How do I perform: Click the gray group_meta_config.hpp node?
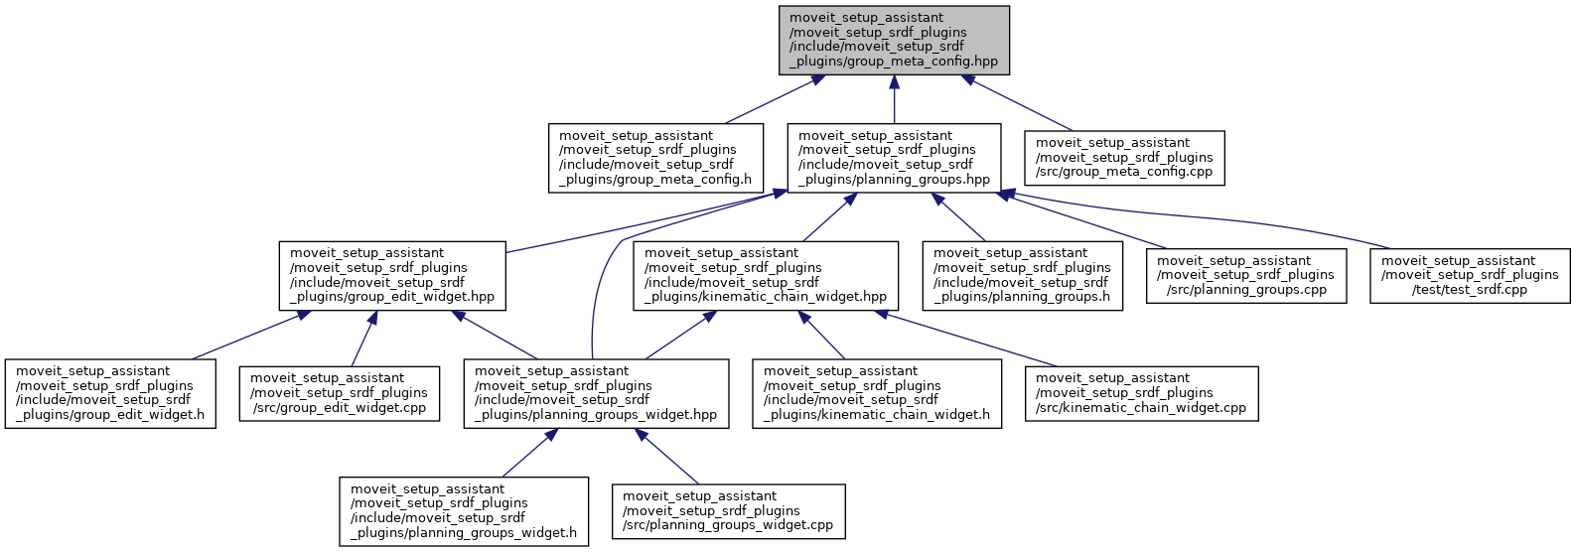(894, 40)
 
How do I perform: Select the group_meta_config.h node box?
(655, 158)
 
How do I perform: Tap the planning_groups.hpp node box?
(894, 158)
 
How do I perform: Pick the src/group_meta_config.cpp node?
(1124, 158)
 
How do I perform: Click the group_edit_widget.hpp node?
(391, 276)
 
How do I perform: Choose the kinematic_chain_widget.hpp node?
(765, 276)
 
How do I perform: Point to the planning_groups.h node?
(1022, 276)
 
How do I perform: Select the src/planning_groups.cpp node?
(1245, 276)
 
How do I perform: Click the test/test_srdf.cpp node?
(1470, 276)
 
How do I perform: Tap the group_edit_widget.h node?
(109, 394)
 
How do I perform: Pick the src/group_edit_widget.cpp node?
(339, 394)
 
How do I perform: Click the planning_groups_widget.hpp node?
(596, 394)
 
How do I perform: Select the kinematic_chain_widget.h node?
(876, 394)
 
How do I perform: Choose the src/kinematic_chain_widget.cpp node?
(1141, 394)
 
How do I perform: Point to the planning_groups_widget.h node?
(463, 511)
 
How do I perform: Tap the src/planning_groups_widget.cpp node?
(728, 511)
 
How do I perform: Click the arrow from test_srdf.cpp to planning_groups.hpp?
(1241, 214)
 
